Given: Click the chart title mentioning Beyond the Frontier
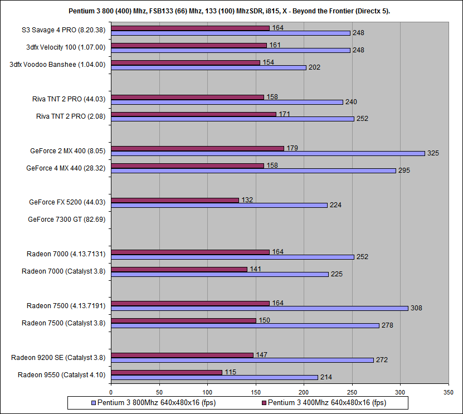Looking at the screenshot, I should click(231, 11).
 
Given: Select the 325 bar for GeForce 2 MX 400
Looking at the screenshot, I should click(267, 153).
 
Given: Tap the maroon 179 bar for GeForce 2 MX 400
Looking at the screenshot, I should click(197, 148).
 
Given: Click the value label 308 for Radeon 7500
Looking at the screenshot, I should click(417, 308).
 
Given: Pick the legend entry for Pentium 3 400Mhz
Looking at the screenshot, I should click(324, 402).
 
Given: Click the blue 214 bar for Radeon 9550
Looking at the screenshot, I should click(215, 377).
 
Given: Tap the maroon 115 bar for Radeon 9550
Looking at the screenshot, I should click(167, 372).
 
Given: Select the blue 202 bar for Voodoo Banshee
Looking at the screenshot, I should click(208, 67).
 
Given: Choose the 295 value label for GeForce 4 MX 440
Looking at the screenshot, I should click(404, 170).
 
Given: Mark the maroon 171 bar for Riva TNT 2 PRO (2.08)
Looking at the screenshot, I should click(193, 114).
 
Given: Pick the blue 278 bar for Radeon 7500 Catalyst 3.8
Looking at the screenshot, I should click(245, 325).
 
